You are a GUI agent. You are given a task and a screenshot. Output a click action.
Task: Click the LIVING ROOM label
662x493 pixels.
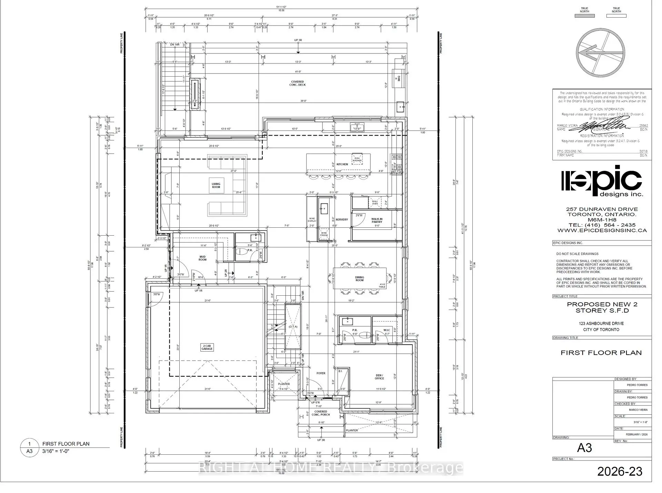pyautogui.click(x=216, y=186)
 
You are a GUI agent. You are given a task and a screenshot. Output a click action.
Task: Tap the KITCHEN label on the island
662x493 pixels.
pyautogui.click(x=342, y=164)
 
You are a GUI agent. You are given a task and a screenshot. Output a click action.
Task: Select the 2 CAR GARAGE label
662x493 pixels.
pyautogui.click(x=207, y=347)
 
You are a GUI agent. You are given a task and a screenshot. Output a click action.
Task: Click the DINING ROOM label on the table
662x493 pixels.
pyautogui.click(x=359, y=279)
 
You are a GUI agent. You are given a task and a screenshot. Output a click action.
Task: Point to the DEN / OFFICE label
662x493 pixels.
pyautogui.click(x=379, y=377)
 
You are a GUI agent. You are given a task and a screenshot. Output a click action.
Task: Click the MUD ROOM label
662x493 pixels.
pyautogui.click(x=202, y=258)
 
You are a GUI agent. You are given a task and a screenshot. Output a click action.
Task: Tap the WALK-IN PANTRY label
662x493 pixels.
pyautogui.click(x=377, y=220)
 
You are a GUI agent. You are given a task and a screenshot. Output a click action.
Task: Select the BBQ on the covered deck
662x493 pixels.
pyautogui.click(x=396, y=78)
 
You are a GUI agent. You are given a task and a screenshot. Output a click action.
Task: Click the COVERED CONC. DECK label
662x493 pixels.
pyautogui.click(x=298, y=83)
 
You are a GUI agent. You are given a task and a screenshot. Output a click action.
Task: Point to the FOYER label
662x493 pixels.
pyautogui.click(x=321, y=373)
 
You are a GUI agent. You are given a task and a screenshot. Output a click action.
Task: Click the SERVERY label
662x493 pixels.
pyautogui.click(x=342, y=219)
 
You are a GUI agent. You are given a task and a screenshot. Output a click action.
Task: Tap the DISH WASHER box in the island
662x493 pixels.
pyautogui.click(x=357, y=159)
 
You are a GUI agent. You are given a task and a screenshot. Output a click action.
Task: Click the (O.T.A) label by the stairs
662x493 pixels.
pyautogui.click(x=293, y=326)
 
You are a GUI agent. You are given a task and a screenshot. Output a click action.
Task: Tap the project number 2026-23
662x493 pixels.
pyautogui.click(x=620, y=471)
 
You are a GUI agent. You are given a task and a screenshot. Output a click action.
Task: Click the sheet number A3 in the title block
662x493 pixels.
pyautogui.click(x=584, y=448)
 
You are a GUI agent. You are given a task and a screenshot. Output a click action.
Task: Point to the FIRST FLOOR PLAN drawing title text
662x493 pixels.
pyautogui.click(x=601, y=353)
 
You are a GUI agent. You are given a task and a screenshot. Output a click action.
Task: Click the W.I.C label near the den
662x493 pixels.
pyautogui.click(x=387, y=330)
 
